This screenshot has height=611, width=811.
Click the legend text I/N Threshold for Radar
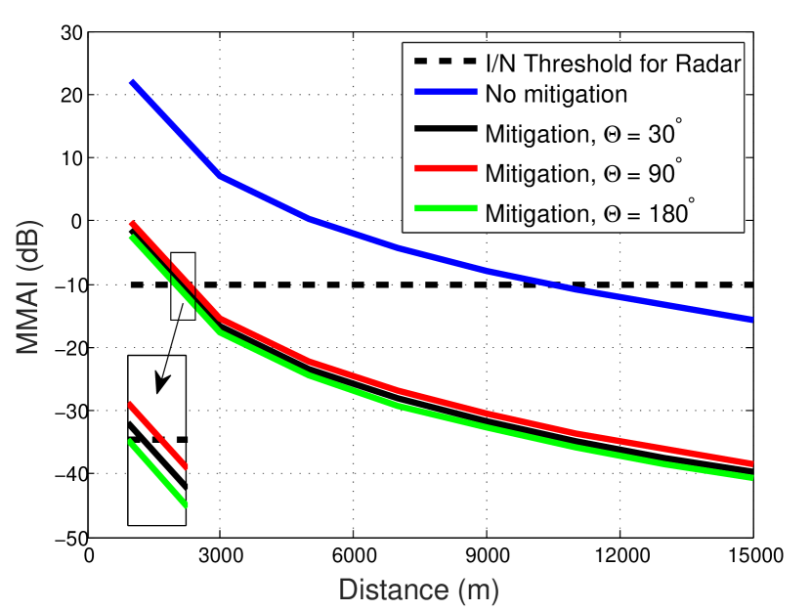click(x=614, y=64)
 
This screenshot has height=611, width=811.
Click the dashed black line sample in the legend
click(x=444, y=63)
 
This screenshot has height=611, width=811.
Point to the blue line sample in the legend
click(x=444, y=94)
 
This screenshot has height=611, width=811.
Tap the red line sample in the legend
click(x=444, y=173)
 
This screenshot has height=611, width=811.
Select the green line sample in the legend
click(x=444, y=211)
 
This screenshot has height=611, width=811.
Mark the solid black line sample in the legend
click(x=444, y=134)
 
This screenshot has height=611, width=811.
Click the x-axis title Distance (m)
click(x=418, y=590)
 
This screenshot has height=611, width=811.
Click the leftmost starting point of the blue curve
click(x=132, y=82)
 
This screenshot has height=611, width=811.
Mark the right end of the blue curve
click(x=751, y=320)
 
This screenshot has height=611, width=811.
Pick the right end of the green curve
click(x=751, y=478)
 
